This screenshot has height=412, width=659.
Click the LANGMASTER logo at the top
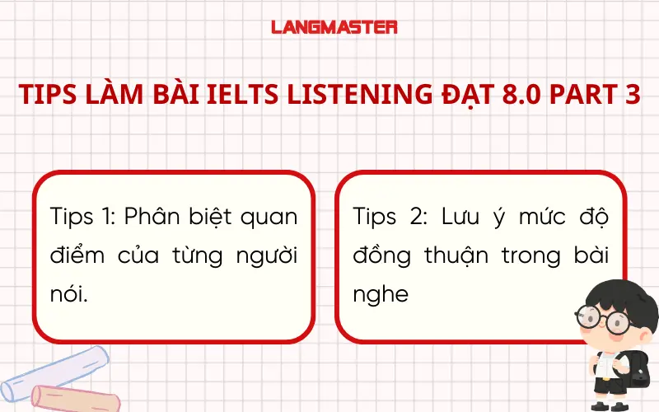(334, 27)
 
